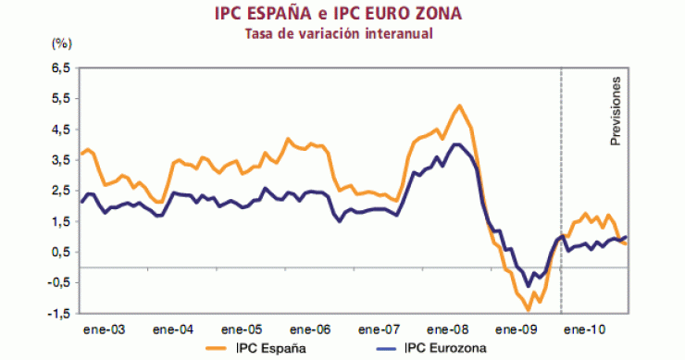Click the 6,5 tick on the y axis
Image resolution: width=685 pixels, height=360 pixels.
tap(60, 68)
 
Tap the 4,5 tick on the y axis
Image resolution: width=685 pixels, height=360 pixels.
tap(60, 130)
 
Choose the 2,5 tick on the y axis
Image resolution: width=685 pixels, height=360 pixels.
tap(60, 191)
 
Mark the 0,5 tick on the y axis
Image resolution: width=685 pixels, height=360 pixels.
tap(60, 252)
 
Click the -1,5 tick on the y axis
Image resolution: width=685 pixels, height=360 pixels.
tap(58, 314)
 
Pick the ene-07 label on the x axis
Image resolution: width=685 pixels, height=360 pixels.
tap(380, 329)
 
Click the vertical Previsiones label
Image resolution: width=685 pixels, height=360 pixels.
tap(616, 112)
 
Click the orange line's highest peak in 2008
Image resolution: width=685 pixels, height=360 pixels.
tap(460, 106)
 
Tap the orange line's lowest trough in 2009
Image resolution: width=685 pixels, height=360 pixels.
tap(528, 309)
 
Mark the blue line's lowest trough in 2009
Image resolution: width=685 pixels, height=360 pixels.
tap(529, 286)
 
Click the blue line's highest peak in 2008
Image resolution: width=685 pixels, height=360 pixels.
tap(457, 144)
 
